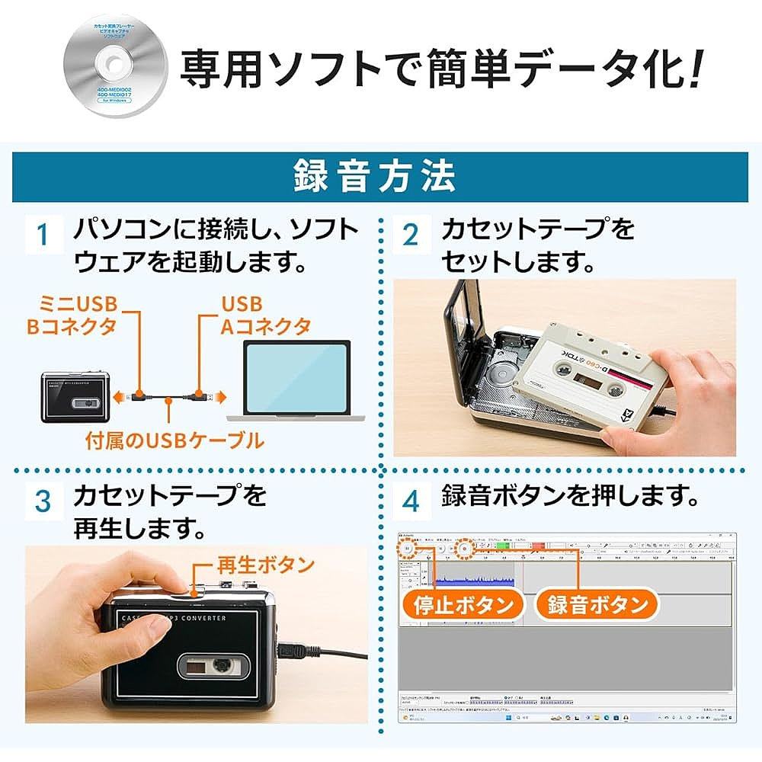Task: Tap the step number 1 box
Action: (44, 235)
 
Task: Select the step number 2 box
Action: (411, 235)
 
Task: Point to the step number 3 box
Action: (44, 501)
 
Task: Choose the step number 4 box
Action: (411, 501)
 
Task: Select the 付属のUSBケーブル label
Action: (174, 440)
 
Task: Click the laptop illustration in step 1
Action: (290, 385)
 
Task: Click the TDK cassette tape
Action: (588, 373)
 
